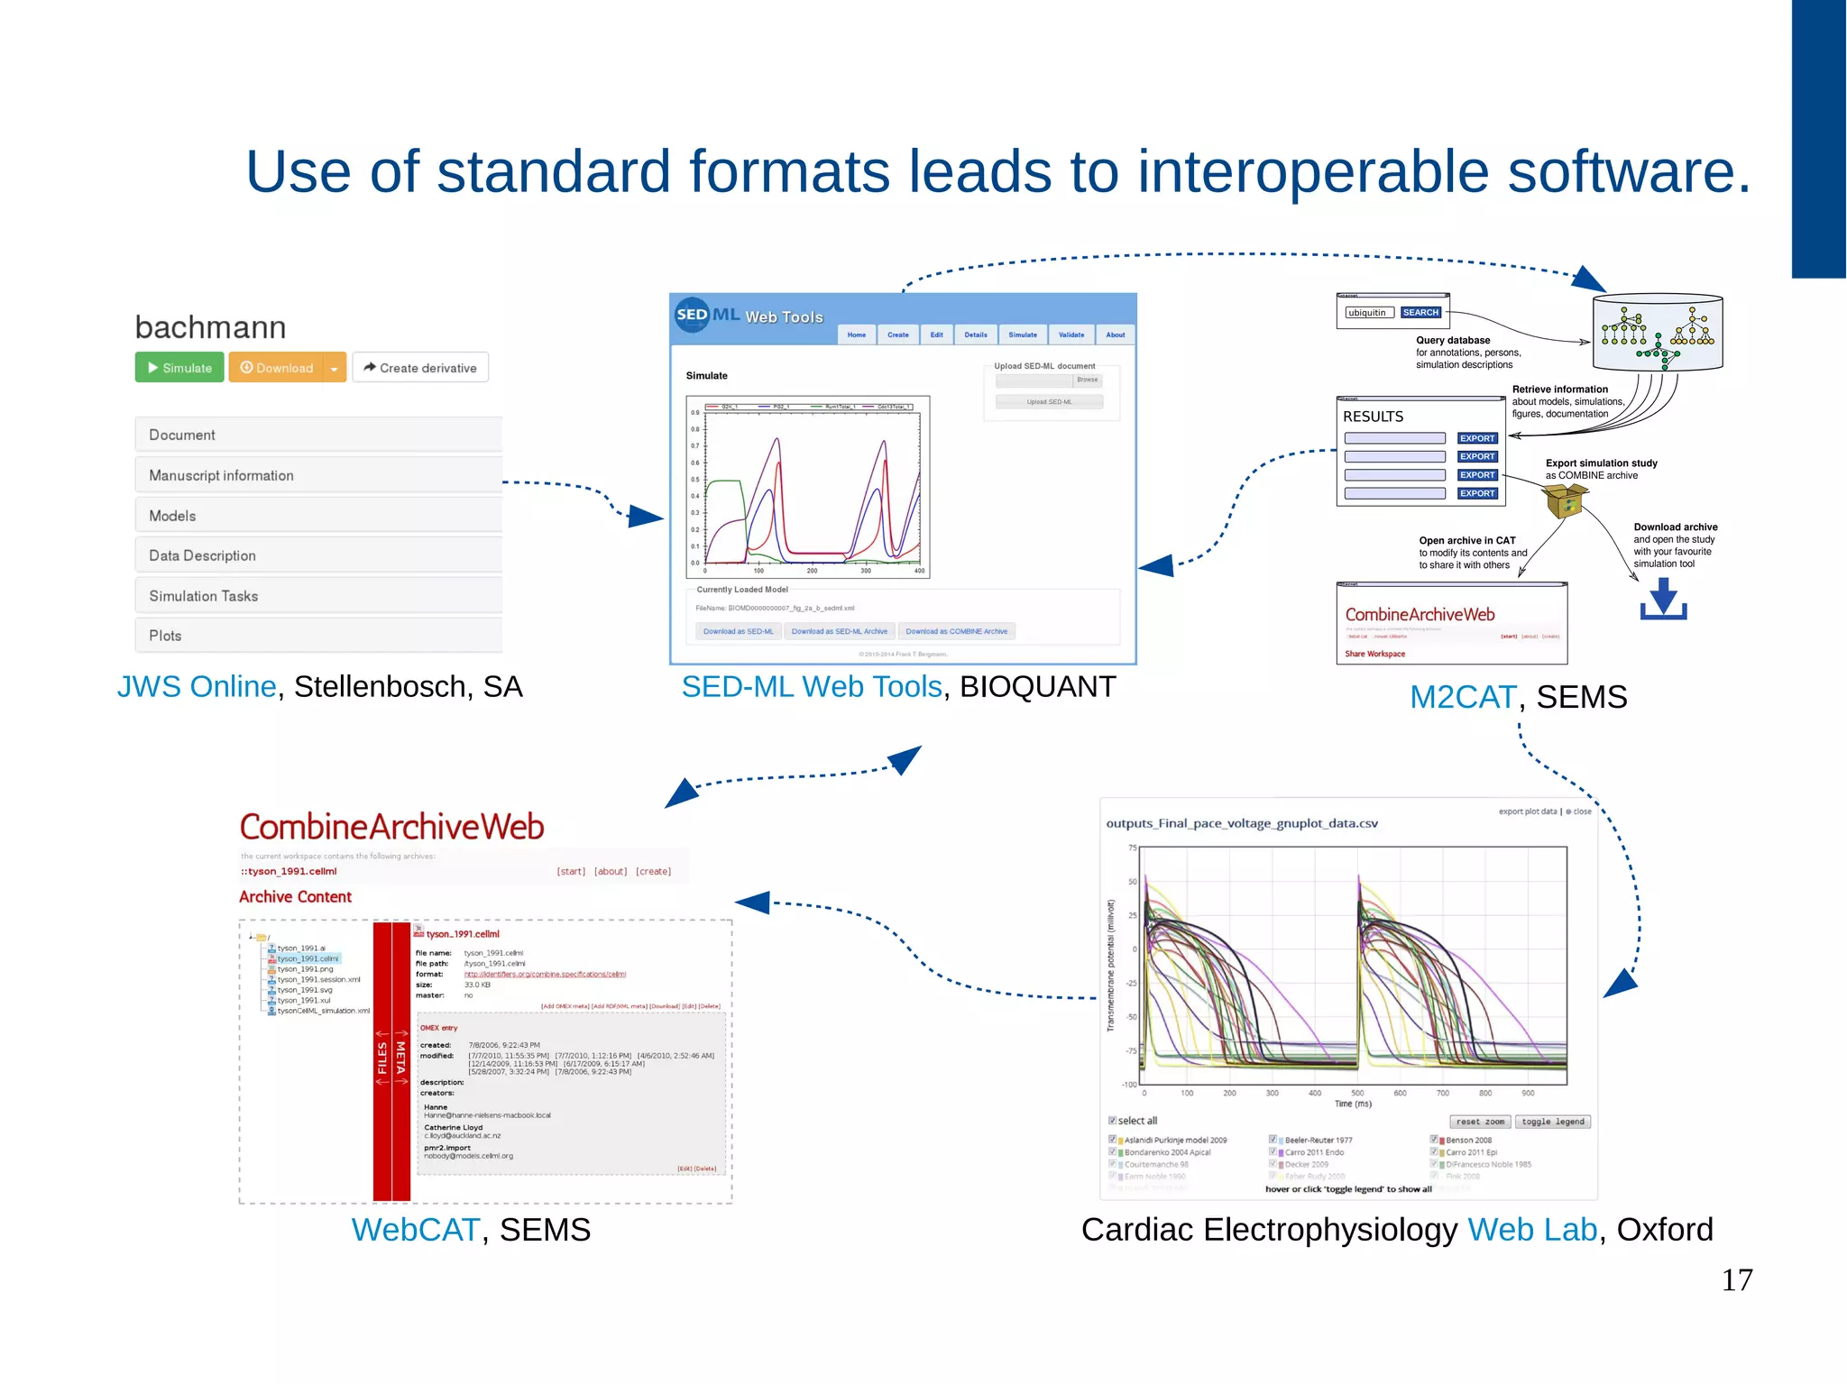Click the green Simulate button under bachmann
point(179,368)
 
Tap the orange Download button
point(277,368)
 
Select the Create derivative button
point(420,368)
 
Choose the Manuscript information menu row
point(318,475)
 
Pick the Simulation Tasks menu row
point(318,596)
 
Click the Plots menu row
point(318,636)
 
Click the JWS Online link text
point(197,687)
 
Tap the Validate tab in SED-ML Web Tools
point(1071,335)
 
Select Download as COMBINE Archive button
point(956,631)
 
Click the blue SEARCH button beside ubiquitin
point(1420,313)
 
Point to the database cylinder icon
point(1658,332)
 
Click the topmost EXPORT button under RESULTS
point(1477,438)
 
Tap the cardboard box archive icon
point(1565,500)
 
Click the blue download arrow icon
point(1663,599)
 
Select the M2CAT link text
point(1463,697)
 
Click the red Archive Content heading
point(295,897)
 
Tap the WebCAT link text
point(415,1230)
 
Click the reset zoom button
point(1480,1122)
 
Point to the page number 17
point(1736,1280)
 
